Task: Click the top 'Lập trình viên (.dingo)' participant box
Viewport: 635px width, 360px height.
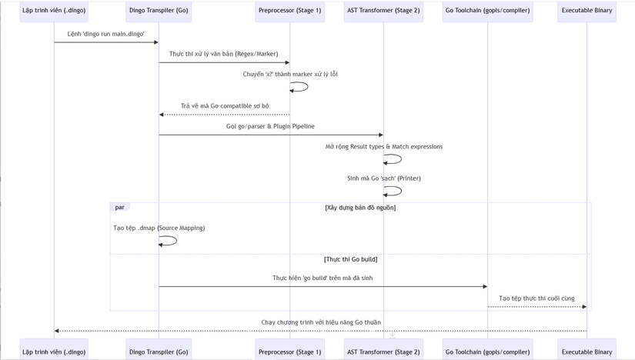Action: click(x=54, y=11)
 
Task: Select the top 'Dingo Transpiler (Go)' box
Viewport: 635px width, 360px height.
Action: click(x=159, y=11)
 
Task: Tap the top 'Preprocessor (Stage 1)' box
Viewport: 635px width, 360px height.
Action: click(x=289, y=11)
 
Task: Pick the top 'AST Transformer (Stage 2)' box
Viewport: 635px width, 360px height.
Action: click(x=383, y=11)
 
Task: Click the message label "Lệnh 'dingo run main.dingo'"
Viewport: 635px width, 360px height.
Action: click(x=105, y=34)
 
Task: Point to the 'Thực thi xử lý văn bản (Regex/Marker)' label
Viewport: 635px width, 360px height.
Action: click(x=223, y=54)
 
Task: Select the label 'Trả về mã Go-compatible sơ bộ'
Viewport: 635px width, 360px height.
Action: click(x=225, y=106)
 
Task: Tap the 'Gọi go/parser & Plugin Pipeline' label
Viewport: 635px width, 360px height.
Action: click(x=270, y=126)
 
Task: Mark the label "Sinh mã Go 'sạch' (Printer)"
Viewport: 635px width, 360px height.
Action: click(x=384, y=178)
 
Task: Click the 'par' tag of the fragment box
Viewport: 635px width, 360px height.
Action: click(x=119, y=208)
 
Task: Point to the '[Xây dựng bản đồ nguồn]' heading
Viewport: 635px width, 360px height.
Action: click(x=360, y=208)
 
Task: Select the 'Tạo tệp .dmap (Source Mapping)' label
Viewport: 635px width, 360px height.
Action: click(x=159, y=228)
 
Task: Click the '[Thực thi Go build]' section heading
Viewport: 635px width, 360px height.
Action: click(x=350, y=259)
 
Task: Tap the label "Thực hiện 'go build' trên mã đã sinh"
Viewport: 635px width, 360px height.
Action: click(x=323, y=278)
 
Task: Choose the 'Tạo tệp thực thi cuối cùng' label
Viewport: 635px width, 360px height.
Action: click(x=536, y=298)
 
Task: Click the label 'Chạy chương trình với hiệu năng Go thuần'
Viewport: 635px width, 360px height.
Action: click(x=321, y=322)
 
